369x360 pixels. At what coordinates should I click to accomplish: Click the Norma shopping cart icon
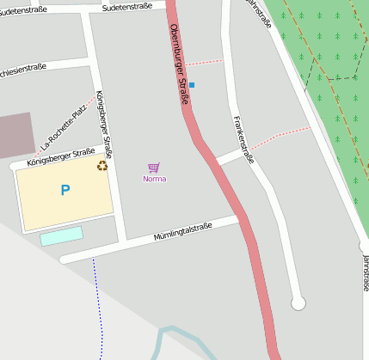point(154,168)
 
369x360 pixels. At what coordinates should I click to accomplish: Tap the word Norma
point(155,179)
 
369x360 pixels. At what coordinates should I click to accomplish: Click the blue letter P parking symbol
point(65,190)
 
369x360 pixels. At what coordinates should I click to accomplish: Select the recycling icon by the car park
point(102,166)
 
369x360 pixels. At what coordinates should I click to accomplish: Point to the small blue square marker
point(192,84)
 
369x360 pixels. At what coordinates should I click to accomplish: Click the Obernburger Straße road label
point(179,64)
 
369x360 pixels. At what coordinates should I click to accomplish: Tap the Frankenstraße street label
point(243,139)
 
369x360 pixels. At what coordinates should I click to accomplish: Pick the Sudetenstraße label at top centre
point(126,6)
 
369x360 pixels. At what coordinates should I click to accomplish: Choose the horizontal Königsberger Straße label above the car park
point(60,156)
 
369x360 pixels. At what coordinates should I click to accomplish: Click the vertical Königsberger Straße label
point(105,120)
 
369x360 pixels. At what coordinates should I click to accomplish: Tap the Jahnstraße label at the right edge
point(365,273)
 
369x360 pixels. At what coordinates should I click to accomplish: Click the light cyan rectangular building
point(61,235)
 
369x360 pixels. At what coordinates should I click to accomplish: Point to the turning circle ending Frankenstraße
point(298,302)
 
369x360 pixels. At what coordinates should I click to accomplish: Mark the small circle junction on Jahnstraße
point(364,247)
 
